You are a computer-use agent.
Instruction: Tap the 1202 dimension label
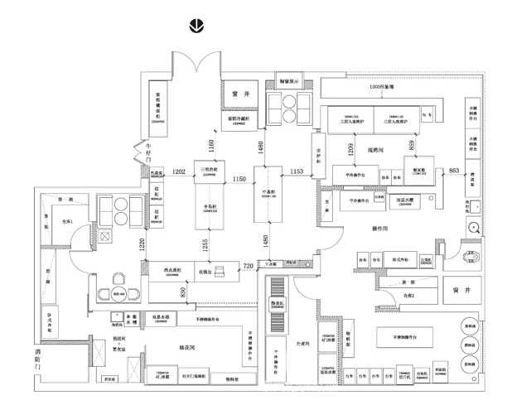(178, 171)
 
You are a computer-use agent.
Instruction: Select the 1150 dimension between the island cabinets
(240, 179)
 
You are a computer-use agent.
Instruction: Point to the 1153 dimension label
(297, 171)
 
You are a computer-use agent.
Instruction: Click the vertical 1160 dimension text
(211, 148)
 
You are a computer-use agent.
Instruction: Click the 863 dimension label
(453, 171)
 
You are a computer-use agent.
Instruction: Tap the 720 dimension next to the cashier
(248, 265)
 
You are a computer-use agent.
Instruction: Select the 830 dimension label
(184, 292)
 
